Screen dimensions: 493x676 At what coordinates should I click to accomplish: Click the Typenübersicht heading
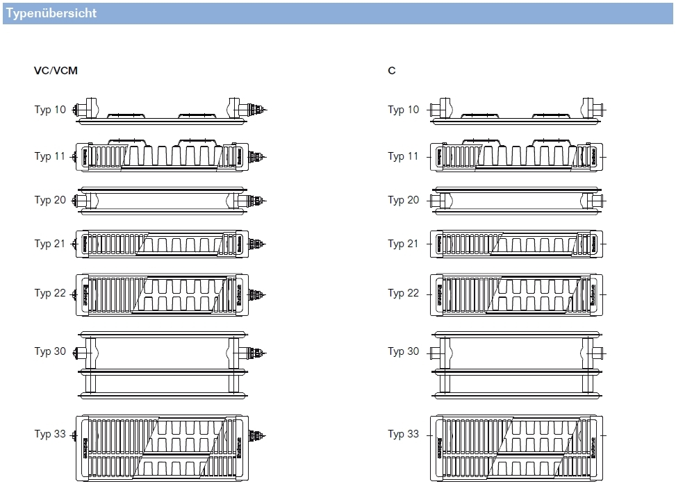point(51,14)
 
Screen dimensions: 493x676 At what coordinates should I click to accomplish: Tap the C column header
point(392,71)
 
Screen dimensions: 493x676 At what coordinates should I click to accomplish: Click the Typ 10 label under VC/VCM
point(50,110)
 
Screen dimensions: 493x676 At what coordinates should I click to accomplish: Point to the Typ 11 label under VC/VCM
point(50,156)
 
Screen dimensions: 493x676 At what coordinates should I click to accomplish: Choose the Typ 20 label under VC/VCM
point(50,200)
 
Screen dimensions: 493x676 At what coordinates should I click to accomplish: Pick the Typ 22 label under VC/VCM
point(50,293)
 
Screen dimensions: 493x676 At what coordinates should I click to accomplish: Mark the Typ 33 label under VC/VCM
point(50,434)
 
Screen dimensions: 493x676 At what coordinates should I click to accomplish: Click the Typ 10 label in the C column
point(404,110)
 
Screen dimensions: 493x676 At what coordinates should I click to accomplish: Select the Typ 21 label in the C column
point(404,244)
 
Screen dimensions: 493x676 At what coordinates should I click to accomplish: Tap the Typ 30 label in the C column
point(404,351)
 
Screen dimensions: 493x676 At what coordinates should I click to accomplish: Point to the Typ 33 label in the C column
point(404,434)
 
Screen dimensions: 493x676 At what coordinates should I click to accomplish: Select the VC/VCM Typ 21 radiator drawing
point(163,244)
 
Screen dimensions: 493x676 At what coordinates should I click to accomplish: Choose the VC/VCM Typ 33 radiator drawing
point(163,449)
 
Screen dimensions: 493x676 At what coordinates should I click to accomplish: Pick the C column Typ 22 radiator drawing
point(516,294)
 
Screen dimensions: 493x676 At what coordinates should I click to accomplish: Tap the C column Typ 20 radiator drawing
point(516,199)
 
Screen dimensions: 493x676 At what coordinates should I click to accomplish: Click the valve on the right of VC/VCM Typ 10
point(258,110)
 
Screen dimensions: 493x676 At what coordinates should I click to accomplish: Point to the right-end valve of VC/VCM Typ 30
point(258,352)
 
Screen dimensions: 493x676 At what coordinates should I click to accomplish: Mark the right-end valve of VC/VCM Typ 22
point(258,294)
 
